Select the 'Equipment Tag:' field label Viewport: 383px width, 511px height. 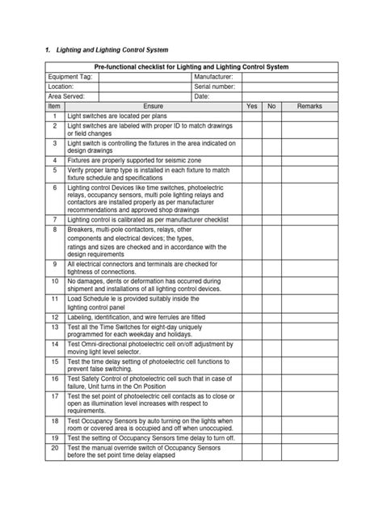(71, 76)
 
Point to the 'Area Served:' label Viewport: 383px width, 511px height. (67, 96)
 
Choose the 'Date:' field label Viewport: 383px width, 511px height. (202, 96)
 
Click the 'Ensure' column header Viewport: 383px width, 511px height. (153, 106)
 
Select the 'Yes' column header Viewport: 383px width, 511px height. (251, 106)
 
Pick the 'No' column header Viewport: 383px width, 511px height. (271, 106)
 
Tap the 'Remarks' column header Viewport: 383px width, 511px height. (309, 106)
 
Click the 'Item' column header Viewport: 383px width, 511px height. (54, 106)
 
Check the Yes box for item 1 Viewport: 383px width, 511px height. (251, 116)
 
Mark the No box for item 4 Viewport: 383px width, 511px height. (271, 161)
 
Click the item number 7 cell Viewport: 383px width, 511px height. (54, 219)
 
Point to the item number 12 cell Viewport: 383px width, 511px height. (54, 317)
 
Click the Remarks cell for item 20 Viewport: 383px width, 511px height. (309, 451)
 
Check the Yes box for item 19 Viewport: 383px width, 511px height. (251, 437)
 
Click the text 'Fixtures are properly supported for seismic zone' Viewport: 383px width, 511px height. (137, 161)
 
